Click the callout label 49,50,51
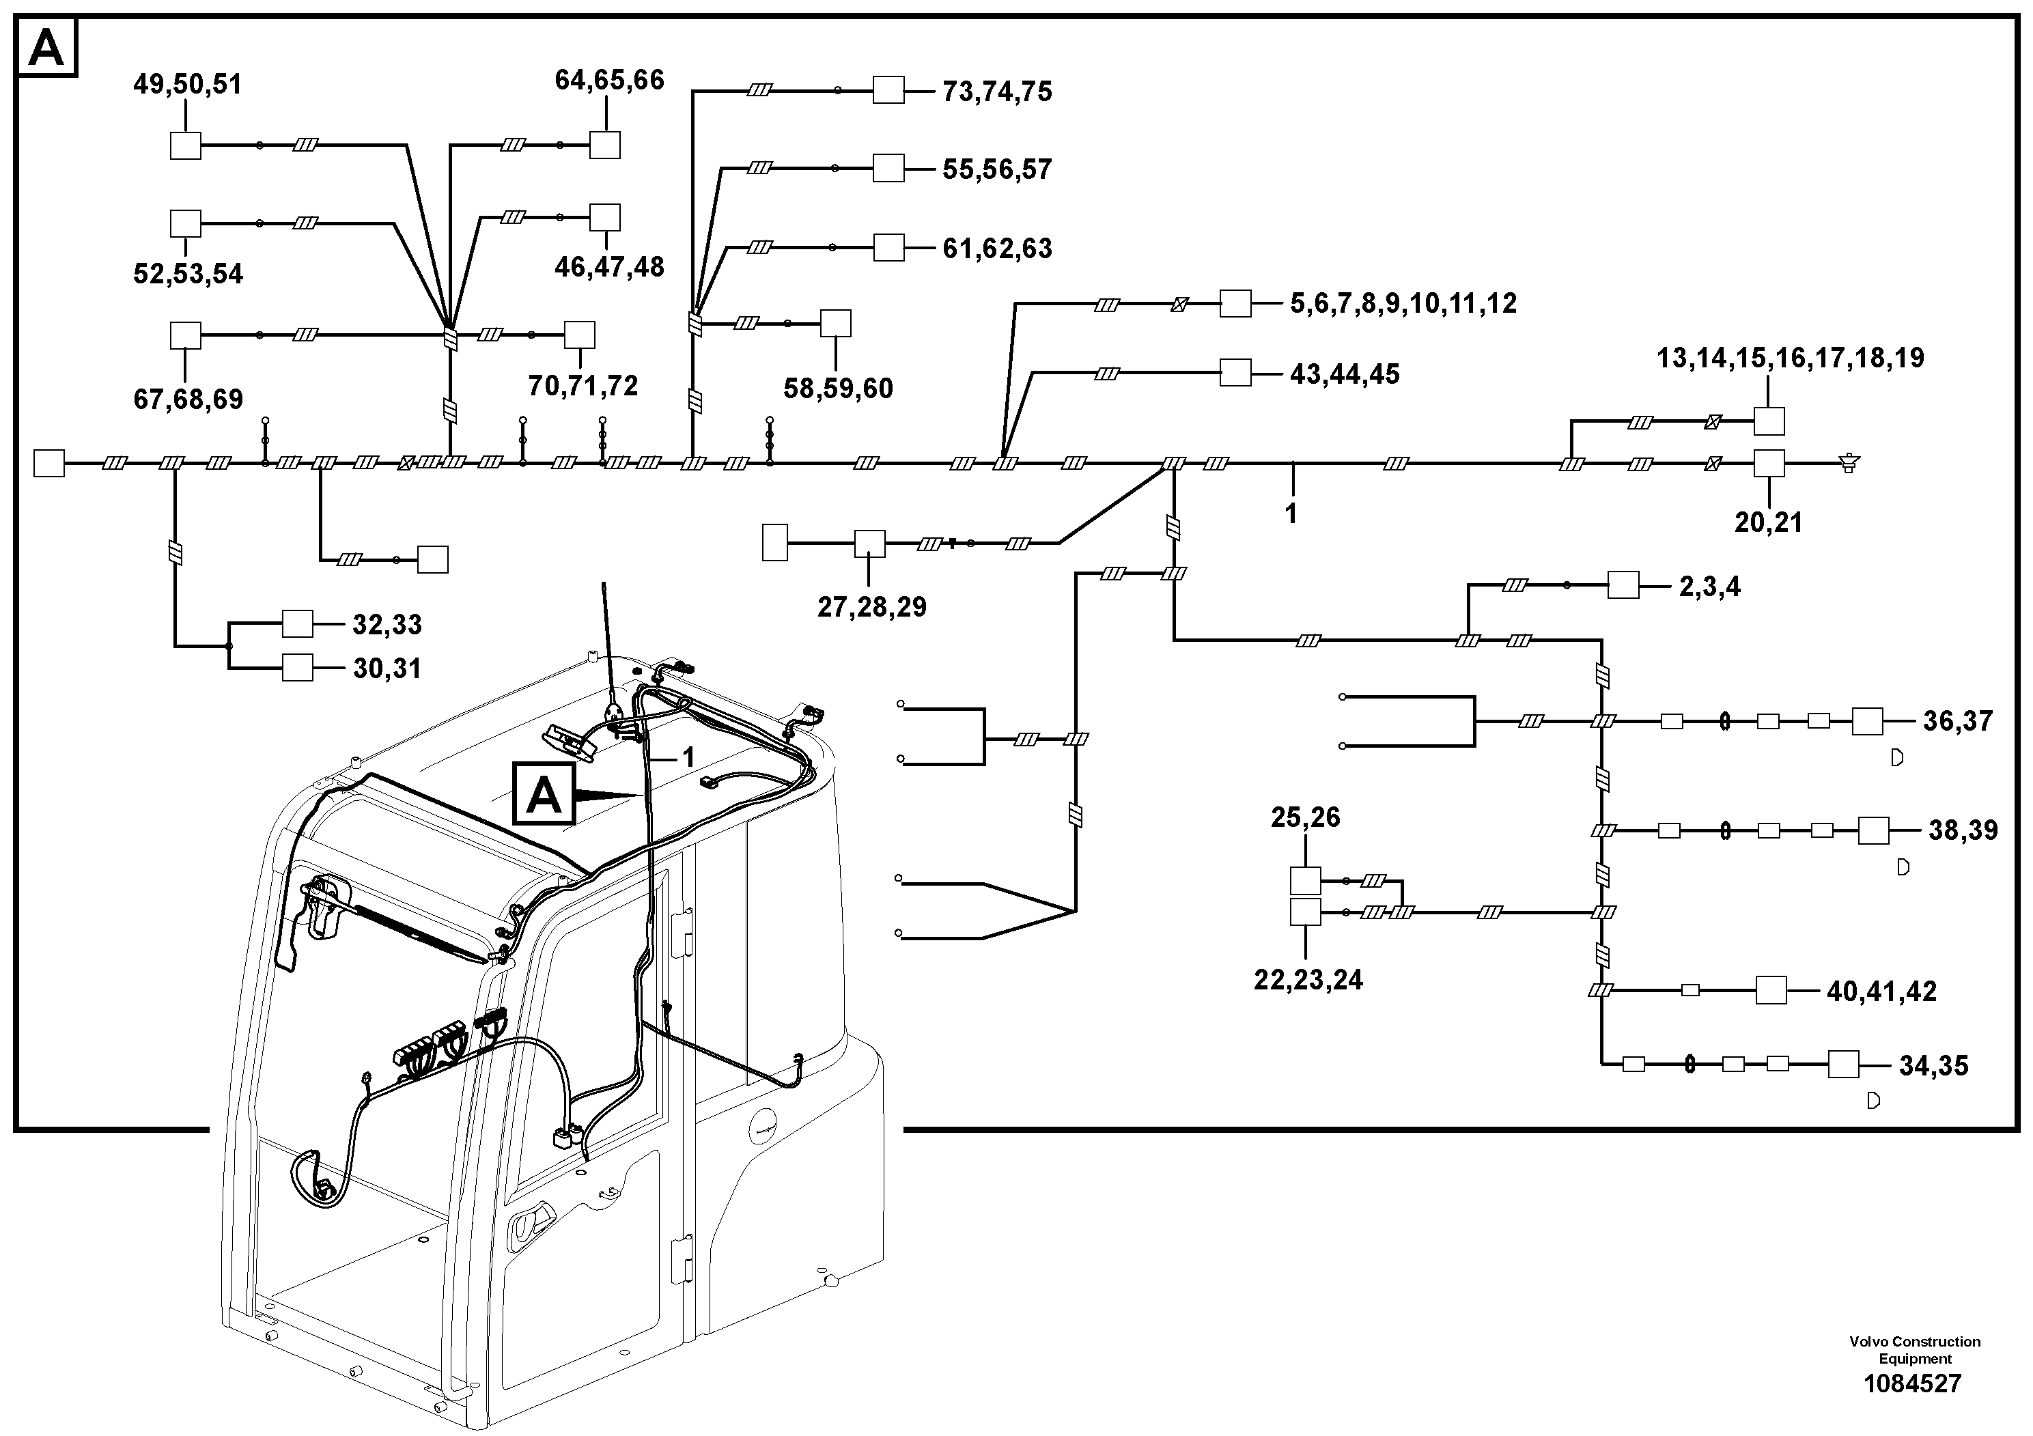click(x=188, y=85)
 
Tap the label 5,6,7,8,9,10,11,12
click(x=1403, y=304)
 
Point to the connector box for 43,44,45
click(x=1235, y=373)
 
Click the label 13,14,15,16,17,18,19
click(x=1791, y=358)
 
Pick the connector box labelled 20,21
click(x=1769, y=463)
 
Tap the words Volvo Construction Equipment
click(x=1914, y=1350)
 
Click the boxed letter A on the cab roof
click(x=544, y=794)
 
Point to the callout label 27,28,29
click(x=872, y=607)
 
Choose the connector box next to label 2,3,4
click(x=1623, y=585)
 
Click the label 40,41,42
click(x=1881, y=991)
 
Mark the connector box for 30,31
click(x=298, y=668)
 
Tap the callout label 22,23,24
click(x=1308, y=980)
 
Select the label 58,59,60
click(x=839, y=389)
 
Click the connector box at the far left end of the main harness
click(x=48, y=463)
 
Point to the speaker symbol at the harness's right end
click(x=1849, y=462)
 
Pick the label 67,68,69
click(x=188, y=399)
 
